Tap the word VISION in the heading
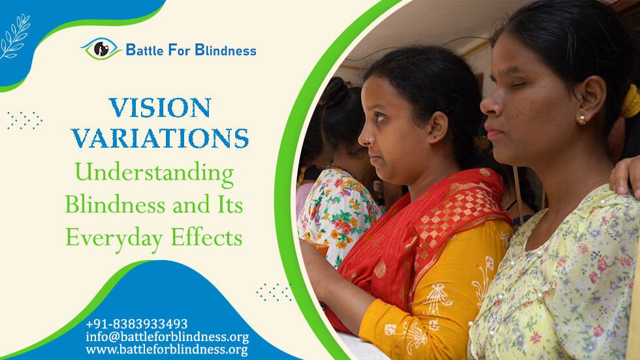click(x=160, y=108)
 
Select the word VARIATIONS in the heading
click(x=160, y=138)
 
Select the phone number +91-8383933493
click(x=136, y=324)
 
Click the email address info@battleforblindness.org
click(x=167, y=337)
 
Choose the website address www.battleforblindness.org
click(x=167, y=350)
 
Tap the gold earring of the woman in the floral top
click(x=581, y=120)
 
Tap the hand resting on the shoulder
click(x=626, y=176)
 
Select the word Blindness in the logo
click(x=224, y=50)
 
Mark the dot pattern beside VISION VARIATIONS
click(x=25, y=120)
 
